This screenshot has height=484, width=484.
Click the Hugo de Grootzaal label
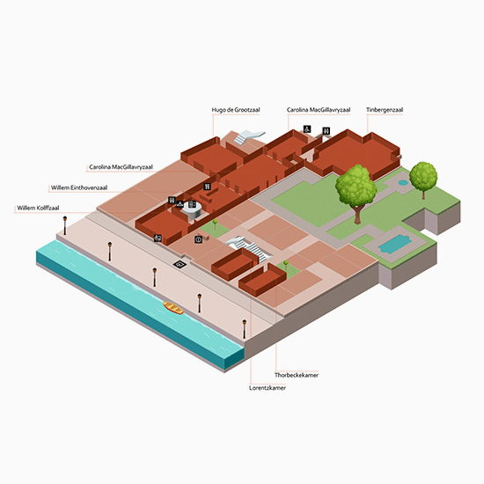[236, 110]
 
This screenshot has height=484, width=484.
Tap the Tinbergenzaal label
[385, 110]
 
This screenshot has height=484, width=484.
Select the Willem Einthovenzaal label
[79, 187]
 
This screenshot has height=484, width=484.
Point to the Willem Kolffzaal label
[38, 208]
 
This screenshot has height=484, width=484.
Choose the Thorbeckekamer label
[297, 375]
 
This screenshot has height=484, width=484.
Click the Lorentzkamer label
[268, 388]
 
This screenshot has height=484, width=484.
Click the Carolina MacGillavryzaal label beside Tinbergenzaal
[319, 110]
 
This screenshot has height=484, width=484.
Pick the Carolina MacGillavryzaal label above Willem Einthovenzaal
[121, 167]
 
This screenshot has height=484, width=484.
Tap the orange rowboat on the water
[173, 308]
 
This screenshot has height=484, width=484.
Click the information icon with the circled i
[199, 239]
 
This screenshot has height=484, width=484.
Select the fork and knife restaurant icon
[208, 187]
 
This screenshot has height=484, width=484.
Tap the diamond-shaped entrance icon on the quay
[180, 264]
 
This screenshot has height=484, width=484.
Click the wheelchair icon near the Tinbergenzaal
[307, 129]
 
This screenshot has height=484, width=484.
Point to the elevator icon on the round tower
[192, 204]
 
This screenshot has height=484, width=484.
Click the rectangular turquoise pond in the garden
[394, 244]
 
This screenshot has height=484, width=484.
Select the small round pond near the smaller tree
[403, 183]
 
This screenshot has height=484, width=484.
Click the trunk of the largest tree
[357, 214]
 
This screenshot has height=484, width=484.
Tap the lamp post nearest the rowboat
[200, 303]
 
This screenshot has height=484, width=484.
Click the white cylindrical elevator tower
[192, 212]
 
